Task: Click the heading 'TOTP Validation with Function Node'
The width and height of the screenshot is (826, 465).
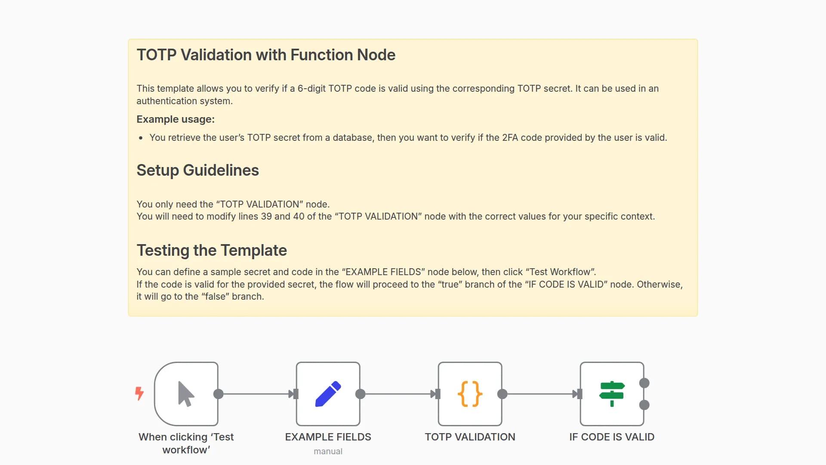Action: [266, 55]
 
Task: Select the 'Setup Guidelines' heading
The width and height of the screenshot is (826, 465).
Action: [197, 170]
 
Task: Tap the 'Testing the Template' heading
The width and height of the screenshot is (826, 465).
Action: [212, 251]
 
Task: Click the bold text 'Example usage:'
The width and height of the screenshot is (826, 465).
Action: [176, 119]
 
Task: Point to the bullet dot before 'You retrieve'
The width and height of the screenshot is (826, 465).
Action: [141, 138]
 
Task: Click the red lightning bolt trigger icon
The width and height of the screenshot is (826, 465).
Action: [139, 393]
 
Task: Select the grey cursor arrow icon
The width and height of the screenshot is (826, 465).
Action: [186, 394]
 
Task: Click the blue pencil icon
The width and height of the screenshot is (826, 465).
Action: [328, 394]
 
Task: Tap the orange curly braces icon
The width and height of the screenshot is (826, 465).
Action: [470, 394]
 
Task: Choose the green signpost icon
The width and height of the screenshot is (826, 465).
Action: [611, 394]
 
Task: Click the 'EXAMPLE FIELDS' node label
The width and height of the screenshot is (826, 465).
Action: [328, 437]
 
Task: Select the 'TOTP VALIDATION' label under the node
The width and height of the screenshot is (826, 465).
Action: [470, 437]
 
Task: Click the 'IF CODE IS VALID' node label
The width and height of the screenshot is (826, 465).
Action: [611, 437]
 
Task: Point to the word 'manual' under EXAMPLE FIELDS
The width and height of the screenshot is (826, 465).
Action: [328, 452]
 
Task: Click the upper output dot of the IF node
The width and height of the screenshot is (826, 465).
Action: [644, 383]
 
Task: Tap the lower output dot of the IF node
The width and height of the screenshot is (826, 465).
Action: [644, 405]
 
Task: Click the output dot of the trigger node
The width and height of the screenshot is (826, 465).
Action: [218, 394]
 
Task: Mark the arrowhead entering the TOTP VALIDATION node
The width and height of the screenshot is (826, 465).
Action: [434, 394]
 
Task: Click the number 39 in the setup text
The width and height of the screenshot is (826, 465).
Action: [266, 217]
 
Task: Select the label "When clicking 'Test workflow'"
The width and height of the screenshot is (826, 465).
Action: [186, 443]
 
